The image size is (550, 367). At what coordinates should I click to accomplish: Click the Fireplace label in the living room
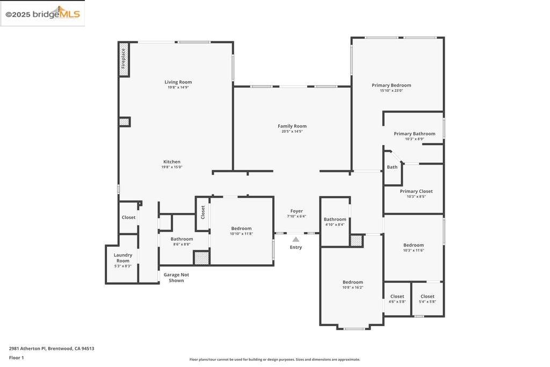123,58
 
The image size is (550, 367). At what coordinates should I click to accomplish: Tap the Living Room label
178,82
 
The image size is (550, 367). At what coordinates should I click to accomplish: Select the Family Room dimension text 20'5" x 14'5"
292,132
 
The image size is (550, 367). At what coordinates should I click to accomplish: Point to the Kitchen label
172,162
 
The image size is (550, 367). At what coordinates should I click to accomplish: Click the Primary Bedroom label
392,85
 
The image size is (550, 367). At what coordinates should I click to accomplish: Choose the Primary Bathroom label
415,134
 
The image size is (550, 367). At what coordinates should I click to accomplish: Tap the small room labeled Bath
392,167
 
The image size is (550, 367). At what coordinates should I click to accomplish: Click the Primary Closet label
416,191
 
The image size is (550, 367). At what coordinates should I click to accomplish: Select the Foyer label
296,211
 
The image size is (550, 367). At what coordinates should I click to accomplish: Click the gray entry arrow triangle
296,239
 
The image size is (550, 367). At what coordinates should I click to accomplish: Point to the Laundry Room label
123,258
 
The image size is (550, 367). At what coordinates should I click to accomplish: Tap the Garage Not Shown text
176,277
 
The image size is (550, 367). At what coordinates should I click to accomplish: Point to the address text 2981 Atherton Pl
27,348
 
